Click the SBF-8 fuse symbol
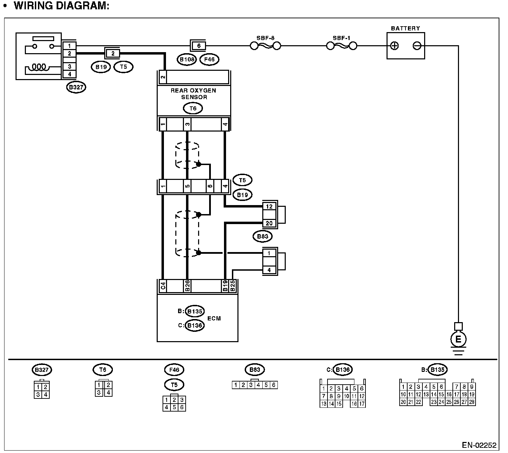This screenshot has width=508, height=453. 265,46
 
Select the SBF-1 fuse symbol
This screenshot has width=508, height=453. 342,46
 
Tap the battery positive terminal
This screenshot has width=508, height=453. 394,46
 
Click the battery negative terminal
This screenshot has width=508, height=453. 417,46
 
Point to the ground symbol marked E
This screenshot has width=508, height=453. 458,339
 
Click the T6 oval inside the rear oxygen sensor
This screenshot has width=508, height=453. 193,108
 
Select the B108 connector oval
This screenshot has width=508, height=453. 187,60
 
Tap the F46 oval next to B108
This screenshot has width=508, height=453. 209,60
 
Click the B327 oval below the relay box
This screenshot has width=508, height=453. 76,87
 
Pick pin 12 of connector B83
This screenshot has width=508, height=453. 269,206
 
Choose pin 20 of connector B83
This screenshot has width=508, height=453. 269,223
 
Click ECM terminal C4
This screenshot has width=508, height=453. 163,286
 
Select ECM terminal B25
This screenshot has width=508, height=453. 233,286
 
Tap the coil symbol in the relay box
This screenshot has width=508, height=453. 39,67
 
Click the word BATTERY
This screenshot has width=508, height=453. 406,28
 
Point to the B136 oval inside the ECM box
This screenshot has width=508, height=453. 195,326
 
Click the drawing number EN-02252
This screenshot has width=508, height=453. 479,445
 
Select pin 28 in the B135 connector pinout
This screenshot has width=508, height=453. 472,402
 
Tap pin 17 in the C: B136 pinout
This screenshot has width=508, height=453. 362,404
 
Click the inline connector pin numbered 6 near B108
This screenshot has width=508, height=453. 198,46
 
